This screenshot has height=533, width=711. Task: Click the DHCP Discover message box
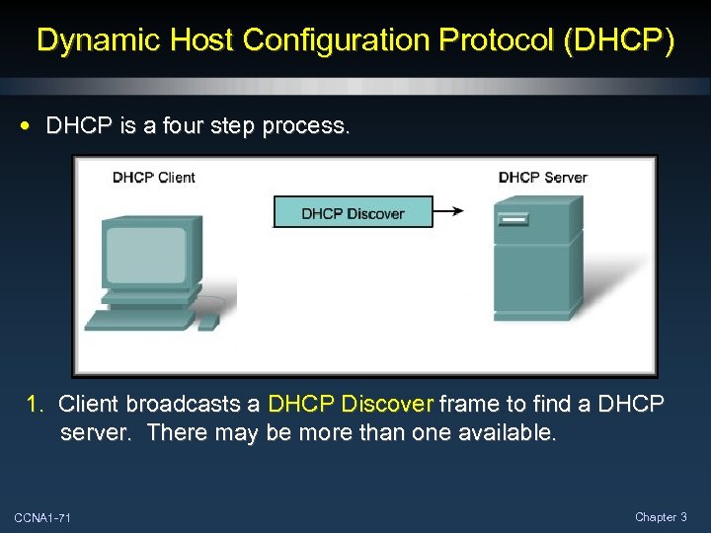point(353,213)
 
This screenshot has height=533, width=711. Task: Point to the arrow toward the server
point(448,210)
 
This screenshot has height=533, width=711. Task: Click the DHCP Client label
point(153,178)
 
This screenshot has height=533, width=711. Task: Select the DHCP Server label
point(542,178)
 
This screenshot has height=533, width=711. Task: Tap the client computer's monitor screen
point(146,256)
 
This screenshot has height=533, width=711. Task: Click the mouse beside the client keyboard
point(207,322)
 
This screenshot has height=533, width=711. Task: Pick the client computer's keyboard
point(138,320)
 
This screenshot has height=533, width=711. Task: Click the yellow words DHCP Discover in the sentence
point(351,404)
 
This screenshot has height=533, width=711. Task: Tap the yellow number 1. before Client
point(36,404)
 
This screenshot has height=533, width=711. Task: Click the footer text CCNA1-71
point(42,518)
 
